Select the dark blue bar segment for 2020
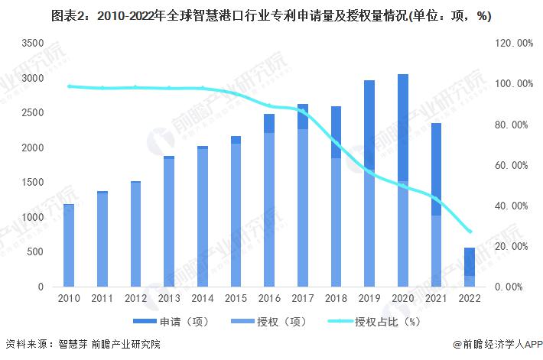pos(403,127)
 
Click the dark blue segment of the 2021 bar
pos(436,169)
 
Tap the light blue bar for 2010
pos(69,245)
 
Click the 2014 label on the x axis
pos(203,300)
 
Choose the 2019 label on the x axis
pos(369,300)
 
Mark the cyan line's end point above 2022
pos(470,232)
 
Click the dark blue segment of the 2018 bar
pos(337,132)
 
